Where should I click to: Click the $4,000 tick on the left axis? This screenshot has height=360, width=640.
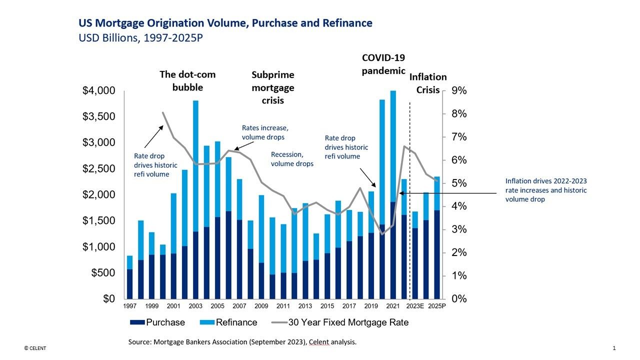click(x=98, y=91)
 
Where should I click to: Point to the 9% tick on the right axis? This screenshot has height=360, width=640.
click(x=459, y=91)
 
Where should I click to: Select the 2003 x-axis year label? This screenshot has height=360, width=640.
click(x=195, y=306)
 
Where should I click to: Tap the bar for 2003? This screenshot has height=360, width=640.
click(x=195, y=200)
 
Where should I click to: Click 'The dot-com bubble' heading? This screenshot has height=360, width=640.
click(x=187, y=80)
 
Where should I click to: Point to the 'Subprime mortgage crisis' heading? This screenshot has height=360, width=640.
click(x=272, y=87)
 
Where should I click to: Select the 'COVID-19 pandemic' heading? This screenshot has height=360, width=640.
click(x=383, y=64)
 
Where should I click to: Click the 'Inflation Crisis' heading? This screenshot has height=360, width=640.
click(x=427, y=83)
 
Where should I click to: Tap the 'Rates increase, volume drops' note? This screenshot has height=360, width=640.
click(x=265, y=132)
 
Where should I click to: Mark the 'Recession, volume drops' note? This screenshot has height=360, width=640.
click(x=292, y=159)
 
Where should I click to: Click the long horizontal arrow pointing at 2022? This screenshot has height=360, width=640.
click(x=450, y=192)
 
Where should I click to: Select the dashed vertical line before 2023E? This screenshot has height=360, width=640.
click(x=409, y=200)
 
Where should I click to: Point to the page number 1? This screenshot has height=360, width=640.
click(x=613, y=347)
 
